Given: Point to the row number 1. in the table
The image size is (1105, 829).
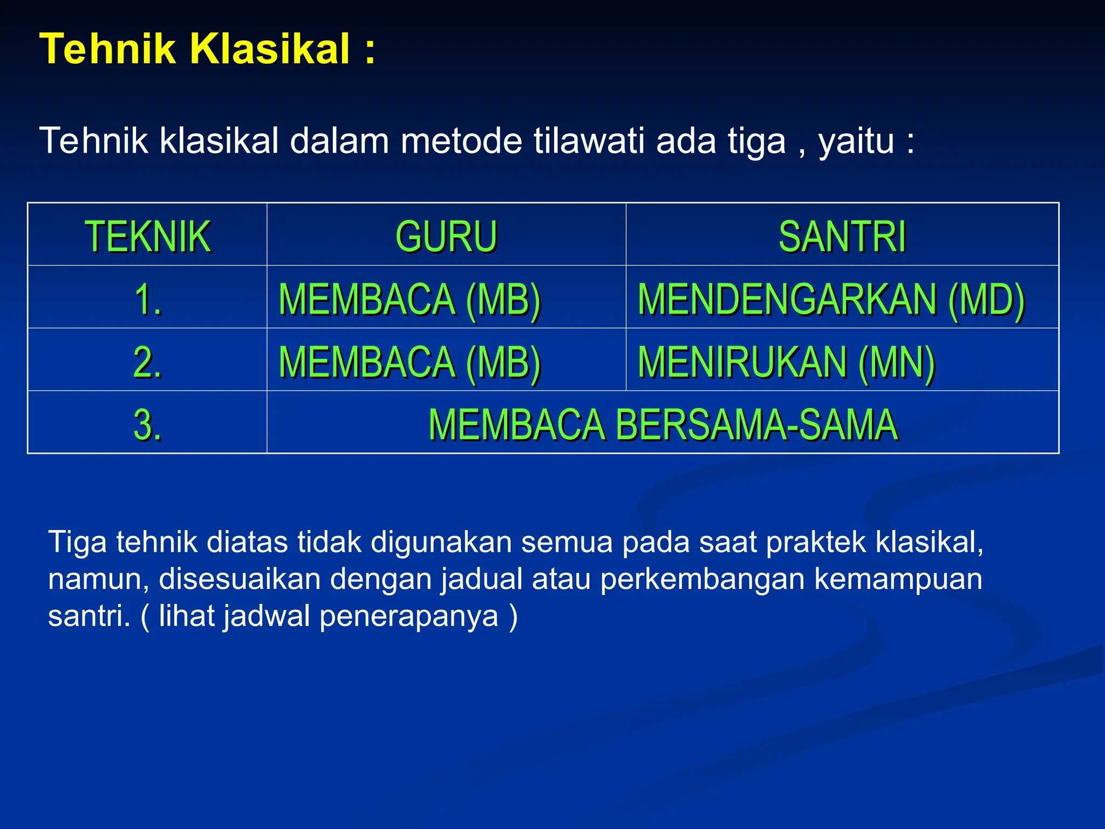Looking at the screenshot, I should (147, 299).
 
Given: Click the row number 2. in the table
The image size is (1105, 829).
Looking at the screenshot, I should (147, 362).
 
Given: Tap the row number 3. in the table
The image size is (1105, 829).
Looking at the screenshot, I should (147, 424).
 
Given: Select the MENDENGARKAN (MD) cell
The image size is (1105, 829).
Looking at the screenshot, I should (831, 299).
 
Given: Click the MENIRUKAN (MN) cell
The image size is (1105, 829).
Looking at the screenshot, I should (786, 362).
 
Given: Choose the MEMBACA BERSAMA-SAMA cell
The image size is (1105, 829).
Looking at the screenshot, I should (663, 424).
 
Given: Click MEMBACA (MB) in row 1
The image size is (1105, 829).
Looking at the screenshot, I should (410, 299).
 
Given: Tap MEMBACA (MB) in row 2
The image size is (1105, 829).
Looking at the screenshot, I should (410, 362).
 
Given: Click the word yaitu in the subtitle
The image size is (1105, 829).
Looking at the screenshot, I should (856, 141).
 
